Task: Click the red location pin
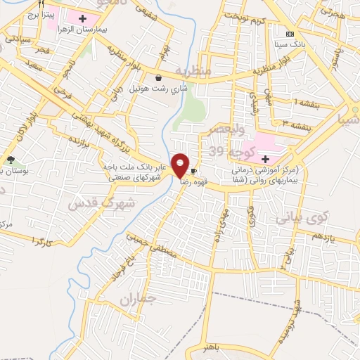point(181,165)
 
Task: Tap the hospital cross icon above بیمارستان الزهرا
point(83,18)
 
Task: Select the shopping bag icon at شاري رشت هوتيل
point(159,77)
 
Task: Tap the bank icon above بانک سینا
point(288,34)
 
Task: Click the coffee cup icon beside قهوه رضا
point(193,170)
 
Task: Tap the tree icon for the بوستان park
point(11,160)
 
